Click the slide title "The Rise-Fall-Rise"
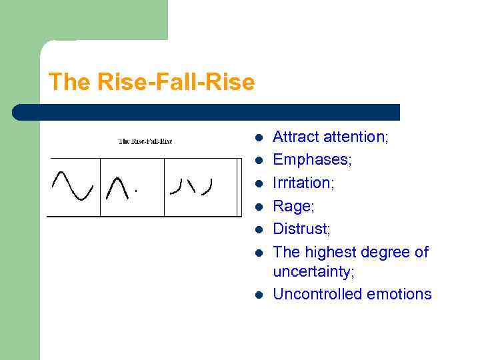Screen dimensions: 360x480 (151, 83)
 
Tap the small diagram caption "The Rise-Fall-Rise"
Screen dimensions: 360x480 (145, 141)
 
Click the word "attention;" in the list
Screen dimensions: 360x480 (356, 137)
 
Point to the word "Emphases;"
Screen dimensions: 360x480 (313, 160)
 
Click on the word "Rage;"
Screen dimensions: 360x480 (293, 206)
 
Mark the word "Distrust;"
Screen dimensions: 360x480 (302, 229)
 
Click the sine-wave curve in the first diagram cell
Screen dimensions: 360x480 (73, 185)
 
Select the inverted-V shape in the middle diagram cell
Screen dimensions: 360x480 (117, 187)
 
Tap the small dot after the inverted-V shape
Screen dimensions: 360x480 (136, 192)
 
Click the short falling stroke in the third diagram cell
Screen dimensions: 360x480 (191, 186)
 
